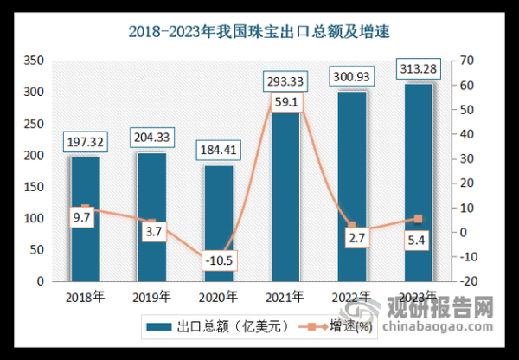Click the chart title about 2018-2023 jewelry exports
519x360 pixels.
259,34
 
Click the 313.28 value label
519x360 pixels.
419,67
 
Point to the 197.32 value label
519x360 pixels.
85,141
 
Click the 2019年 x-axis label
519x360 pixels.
152,297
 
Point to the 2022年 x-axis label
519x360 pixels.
353,297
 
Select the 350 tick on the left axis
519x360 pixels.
34,61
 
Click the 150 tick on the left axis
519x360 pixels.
34,187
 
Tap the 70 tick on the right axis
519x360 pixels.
470,61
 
